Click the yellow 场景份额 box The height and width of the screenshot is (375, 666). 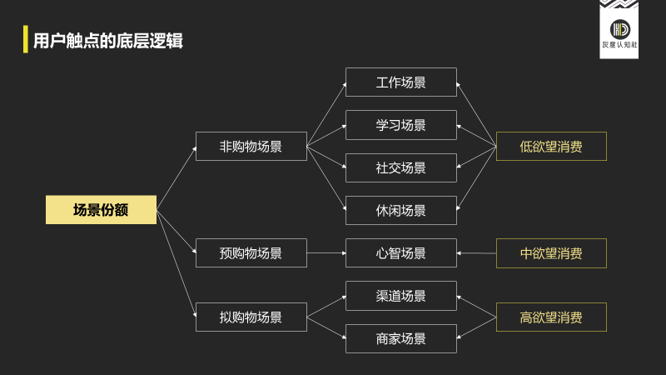pos(101,210)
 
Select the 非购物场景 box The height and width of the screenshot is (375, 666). pos(251,147)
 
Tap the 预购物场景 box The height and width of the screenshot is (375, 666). pos(251,253)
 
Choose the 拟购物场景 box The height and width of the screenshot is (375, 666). pos(251,317)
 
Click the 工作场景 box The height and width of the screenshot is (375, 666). pos(401,82)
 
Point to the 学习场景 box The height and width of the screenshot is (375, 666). pos(401,125)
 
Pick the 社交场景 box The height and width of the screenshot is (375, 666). pos(401,167)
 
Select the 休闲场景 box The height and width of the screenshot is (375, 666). pos(401,211)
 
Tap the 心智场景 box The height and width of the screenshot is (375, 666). pos(401,253)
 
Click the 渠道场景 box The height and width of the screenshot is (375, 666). pos(401,296)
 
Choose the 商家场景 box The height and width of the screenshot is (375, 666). pos(401,339)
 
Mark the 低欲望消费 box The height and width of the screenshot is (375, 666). pos(551,147)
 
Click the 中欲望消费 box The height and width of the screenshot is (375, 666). pos(551,253)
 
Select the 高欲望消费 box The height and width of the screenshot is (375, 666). pos(551,317)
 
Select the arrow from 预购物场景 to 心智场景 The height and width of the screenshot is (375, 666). pos(326,253)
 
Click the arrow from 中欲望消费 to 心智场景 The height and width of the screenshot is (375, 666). pos(476,253)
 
